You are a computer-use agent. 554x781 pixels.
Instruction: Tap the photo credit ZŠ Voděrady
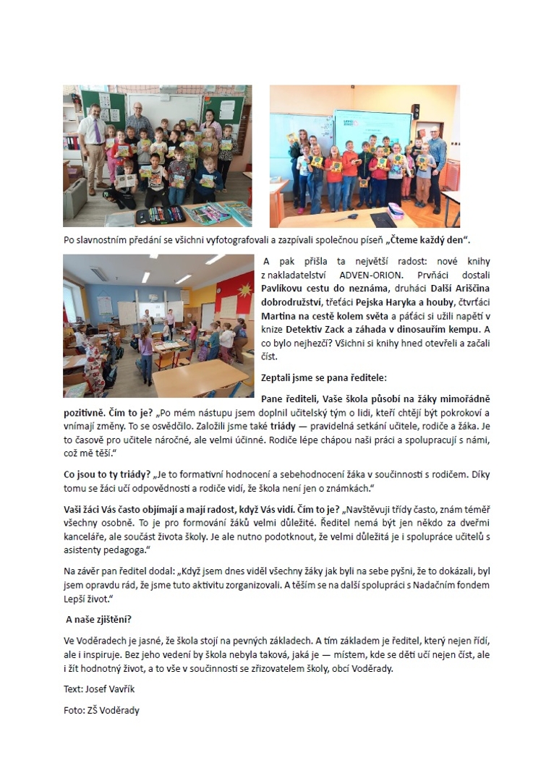pos(114,710)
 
